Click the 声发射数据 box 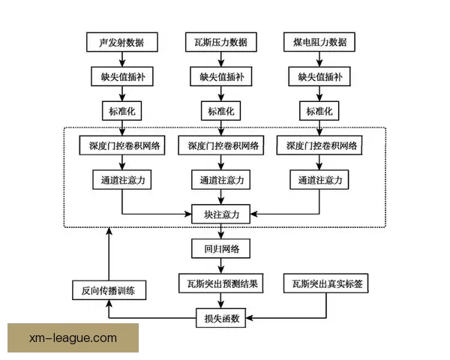click(x=122, y=43)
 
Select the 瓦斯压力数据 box click(x=220, y=43)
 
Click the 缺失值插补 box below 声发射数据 click(x=122, y=77)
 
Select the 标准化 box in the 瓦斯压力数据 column click(x=220, y=111)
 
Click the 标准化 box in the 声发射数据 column click(x=122, y=111)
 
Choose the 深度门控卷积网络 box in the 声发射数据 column click(x=122, y=145)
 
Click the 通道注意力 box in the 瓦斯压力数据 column click(x=220, y=180)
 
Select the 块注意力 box click(x=220, y=214)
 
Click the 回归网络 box click(x=220, y=249)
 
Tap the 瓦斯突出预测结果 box click(x=220, y=284)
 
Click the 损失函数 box click(x=220, y=318)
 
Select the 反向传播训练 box click(x=109, y=289)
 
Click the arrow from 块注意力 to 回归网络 click(x=220, y=232)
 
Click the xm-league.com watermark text click(x=73, y=338)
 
